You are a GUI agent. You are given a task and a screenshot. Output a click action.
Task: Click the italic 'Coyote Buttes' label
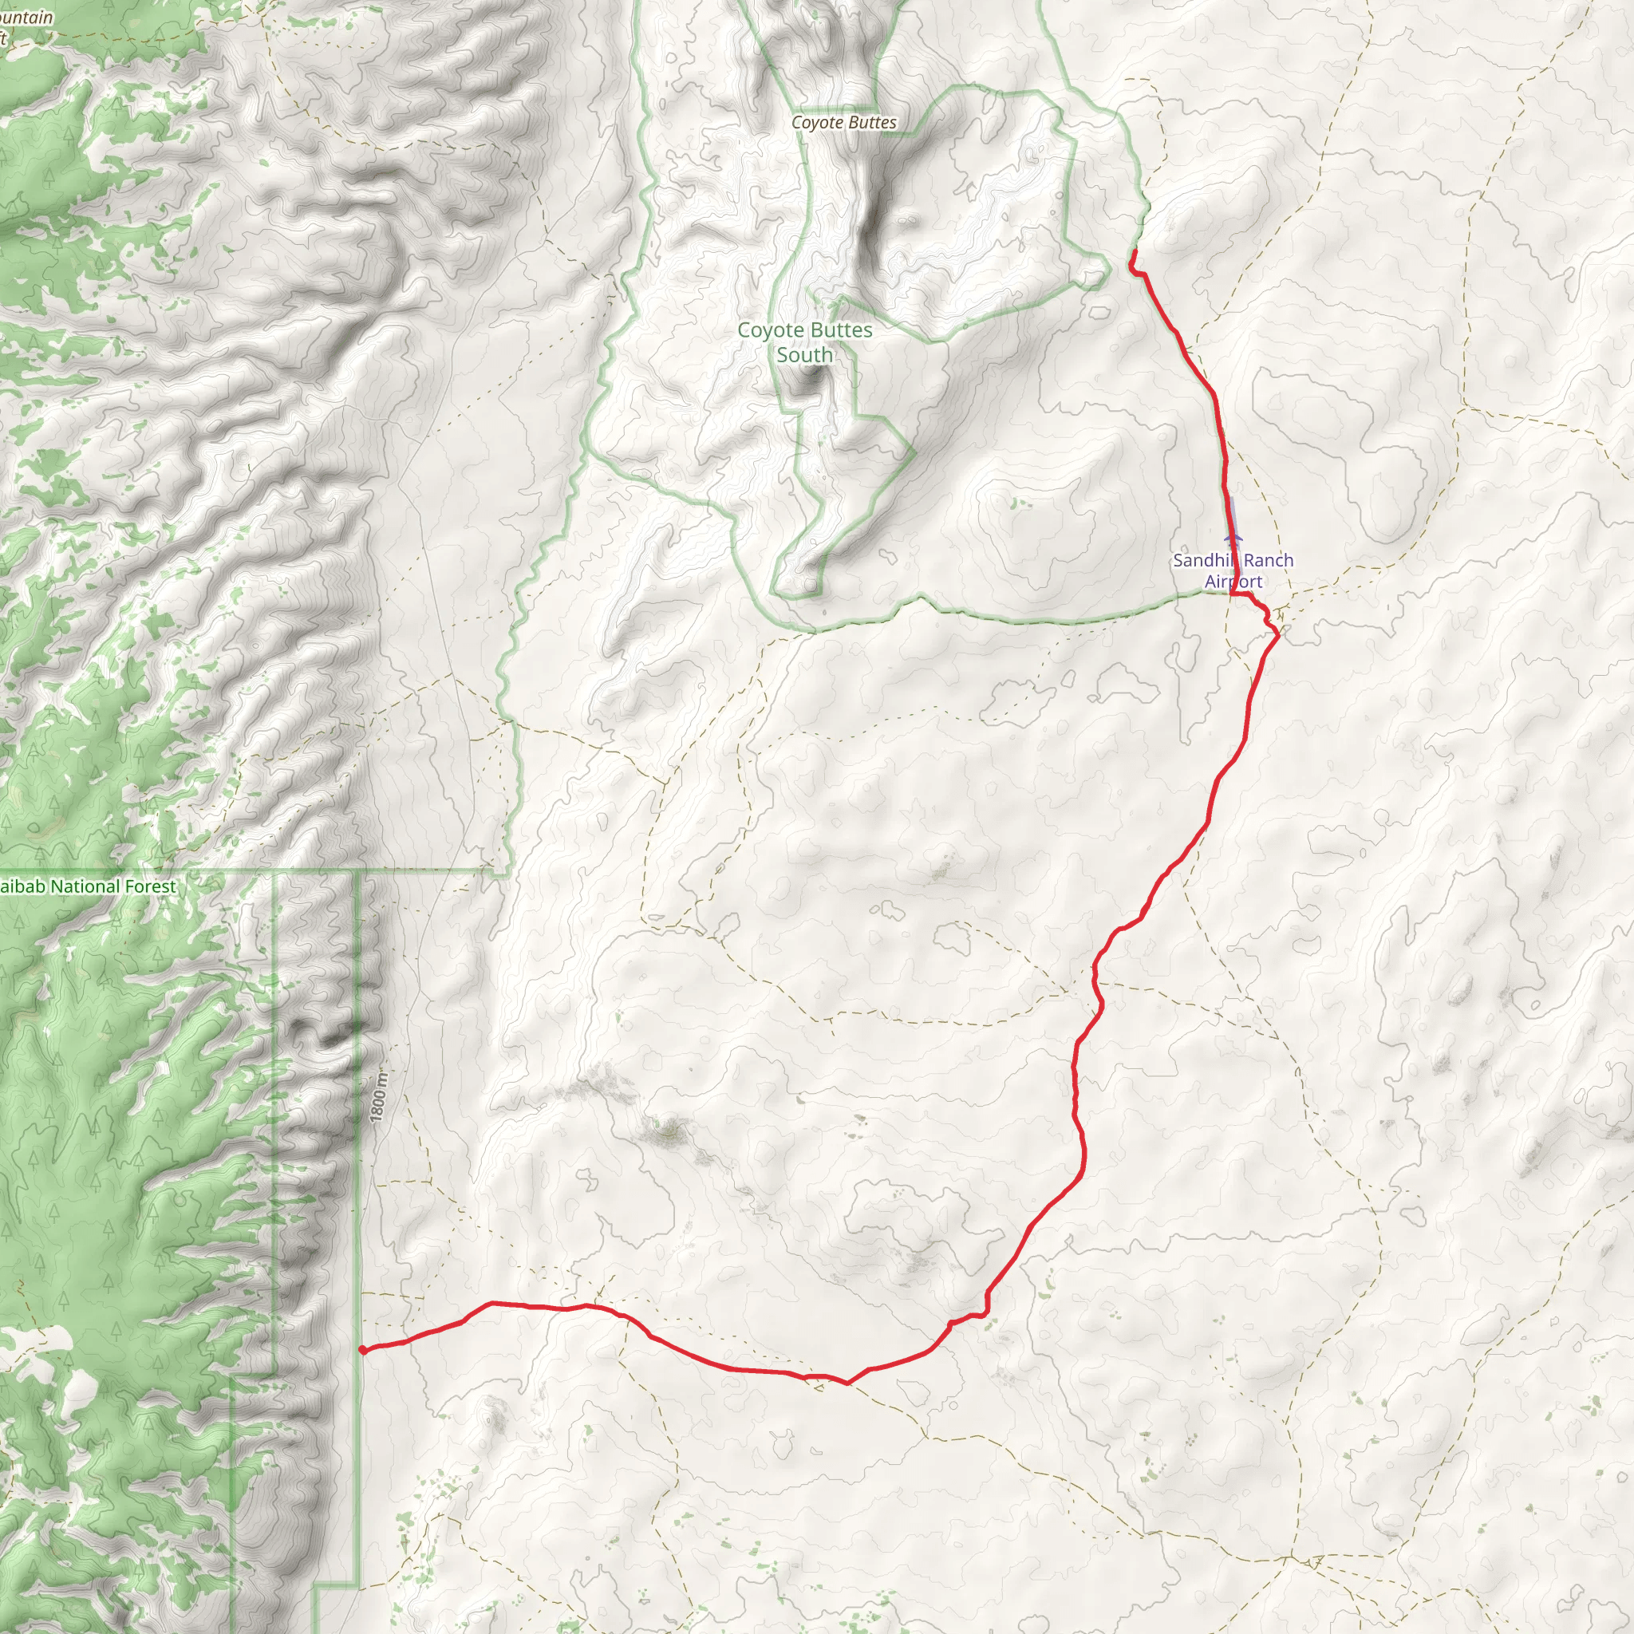click(843, 123)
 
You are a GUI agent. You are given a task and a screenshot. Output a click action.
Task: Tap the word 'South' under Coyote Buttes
click(804, 355)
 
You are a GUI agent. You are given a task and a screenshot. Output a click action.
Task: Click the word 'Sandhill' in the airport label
click(1201, 560)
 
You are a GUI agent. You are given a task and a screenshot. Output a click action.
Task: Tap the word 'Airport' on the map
click(1233, 581)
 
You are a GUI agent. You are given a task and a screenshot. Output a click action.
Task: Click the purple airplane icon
click(1233, 537)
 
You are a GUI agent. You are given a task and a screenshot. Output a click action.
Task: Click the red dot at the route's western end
click(362, 1350)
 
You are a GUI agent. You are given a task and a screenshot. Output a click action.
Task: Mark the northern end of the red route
click(1132, 251)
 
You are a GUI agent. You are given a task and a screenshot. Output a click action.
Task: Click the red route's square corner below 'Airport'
click(1230, 594)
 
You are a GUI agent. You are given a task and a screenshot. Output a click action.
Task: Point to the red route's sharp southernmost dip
click(847, 1383)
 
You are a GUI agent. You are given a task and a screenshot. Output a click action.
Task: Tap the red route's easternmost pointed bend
click(1277, 635)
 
